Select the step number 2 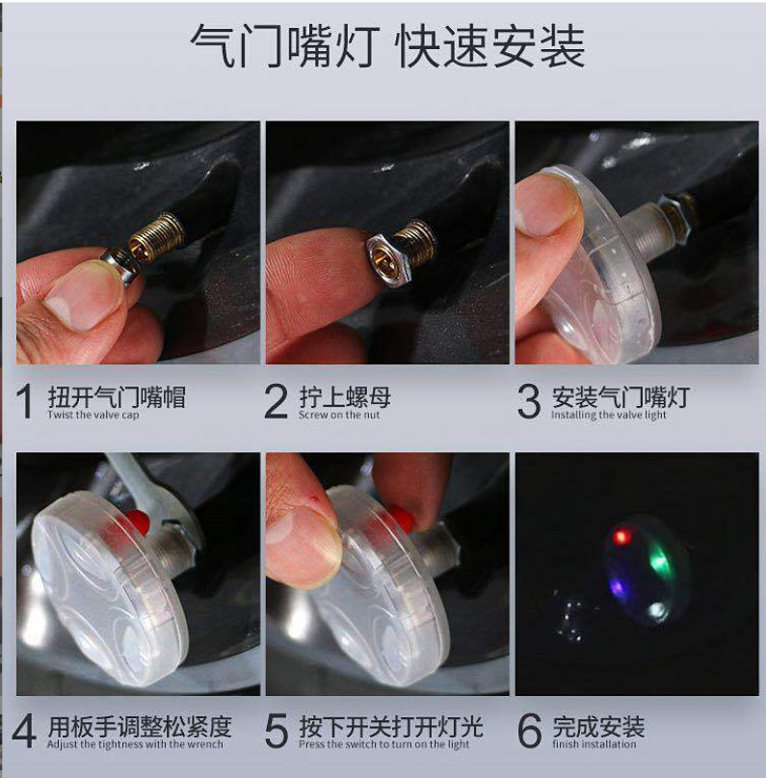277,402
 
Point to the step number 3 528,402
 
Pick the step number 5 277,732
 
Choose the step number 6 529,732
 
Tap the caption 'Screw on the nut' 339,416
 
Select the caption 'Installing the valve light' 609,416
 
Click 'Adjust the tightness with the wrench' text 135,744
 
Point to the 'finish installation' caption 594,744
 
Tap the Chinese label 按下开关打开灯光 390,726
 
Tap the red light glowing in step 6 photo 621,536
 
